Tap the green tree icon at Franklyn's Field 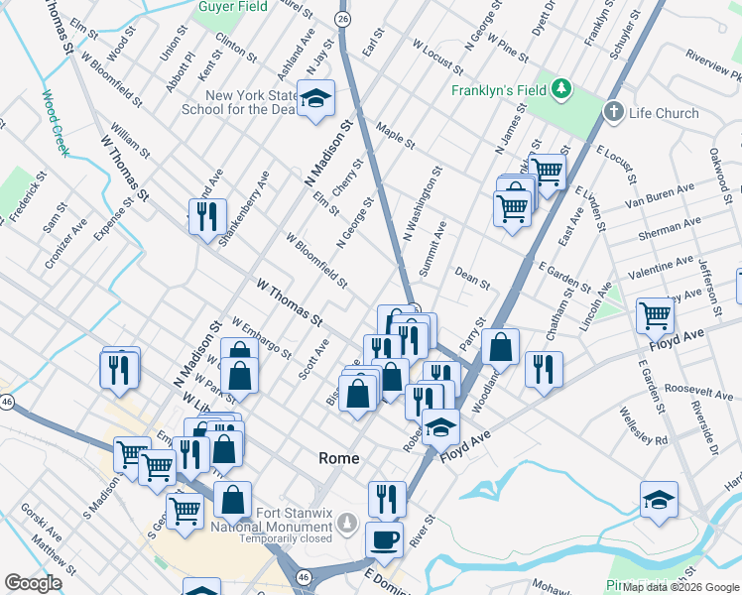(x=562, y=89)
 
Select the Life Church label (x=664, y=113)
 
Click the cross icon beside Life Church (x=614, y=112)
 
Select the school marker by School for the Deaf (x=316, y=98)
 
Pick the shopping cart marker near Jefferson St (x=656, y=316)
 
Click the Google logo (x=33, y=583)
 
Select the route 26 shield (x=342, y=19)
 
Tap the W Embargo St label (x=261, y=338)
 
